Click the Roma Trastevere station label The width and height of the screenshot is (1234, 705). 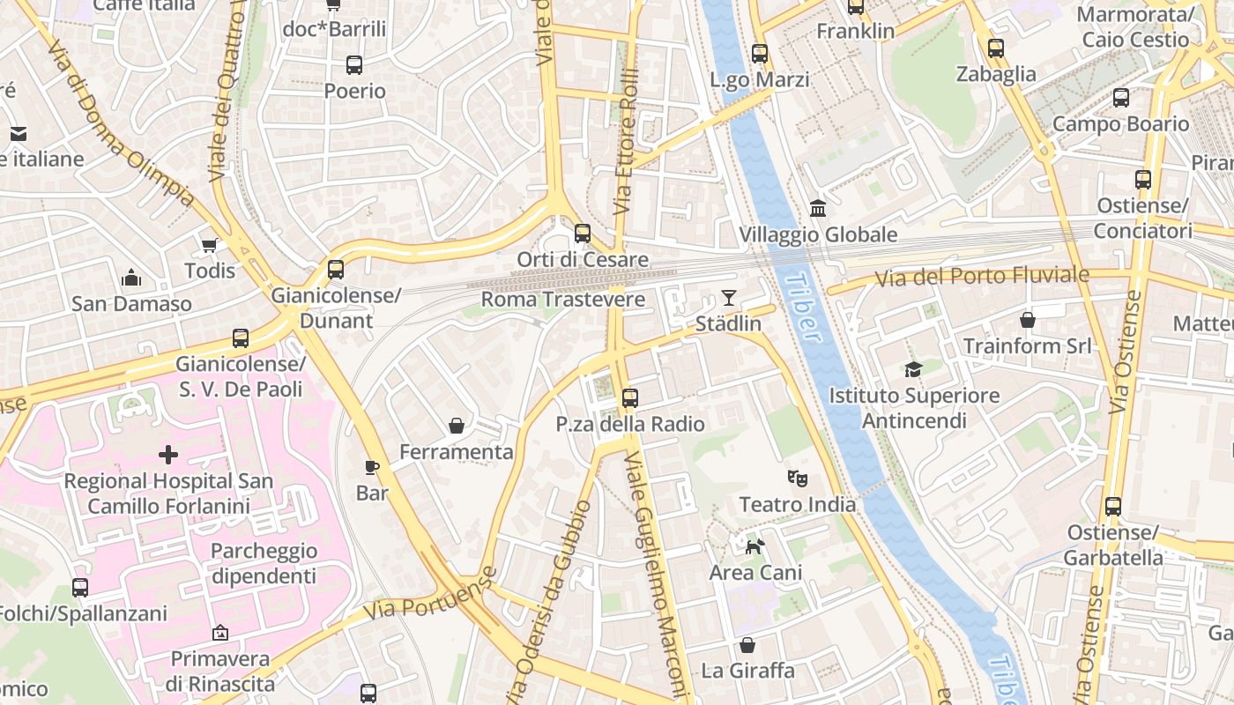point(562,300)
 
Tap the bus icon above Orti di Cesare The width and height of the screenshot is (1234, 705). point(582,234)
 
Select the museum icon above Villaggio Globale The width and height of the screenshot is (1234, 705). point(818,209)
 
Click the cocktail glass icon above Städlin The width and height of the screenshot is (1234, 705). point(728,297)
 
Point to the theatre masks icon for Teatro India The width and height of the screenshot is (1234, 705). point(797,479)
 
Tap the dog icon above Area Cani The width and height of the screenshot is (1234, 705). point(755,546)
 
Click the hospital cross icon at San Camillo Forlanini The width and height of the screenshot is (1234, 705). point(167,455)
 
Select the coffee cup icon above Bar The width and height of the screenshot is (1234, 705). point(371,467)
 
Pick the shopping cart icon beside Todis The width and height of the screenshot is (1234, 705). point(209,245)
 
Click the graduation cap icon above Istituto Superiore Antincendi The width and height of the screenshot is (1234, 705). point(913,369)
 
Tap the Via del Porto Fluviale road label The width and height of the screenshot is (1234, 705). point(982,277)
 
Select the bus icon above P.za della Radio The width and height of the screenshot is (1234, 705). point(629,398)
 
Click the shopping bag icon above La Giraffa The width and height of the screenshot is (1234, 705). point(747,645)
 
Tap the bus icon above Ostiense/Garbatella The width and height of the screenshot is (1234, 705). point(1112,507)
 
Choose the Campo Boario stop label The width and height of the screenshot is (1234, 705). point(1120,123)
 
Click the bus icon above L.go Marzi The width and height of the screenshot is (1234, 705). point(759,54)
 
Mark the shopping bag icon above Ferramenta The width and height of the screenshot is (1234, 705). point(457,427)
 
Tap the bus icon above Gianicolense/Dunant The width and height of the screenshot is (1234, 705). point(335,270)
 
